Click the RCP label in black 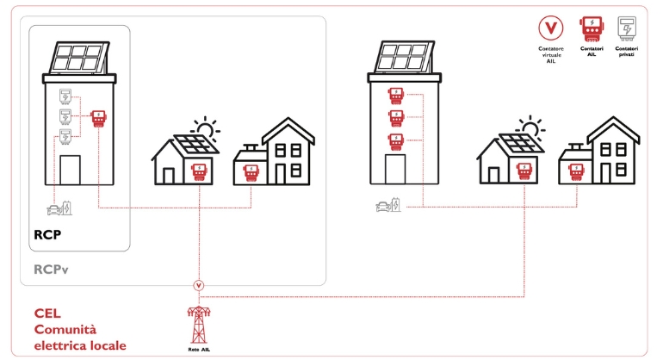tap(47, 234)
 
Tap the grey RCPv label tap(51, 270)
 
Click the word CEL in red tap(47, 313)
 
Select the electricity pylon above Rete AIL tap(199, 325)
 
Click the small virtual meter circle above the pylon tap(199, 286)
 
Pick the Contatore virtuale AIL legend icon tap(550, 28)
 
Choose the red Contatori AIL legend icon tap(592, 28)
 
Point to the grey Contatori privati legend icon tap(627, 28)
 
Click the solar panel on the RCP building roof tap(79, 58)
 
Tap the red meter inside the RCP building tap(99, 119)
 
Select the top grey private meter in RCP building tap(65, 96)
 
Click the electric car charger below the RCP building tap(59, 208)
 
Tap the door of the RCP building tap(70, 170)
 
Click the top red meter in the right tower tap(396, 96)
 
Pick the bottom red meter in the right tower tap(396, 142)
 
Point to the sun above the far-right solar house tap(530, 127)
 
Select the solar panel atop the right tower tap(405, 57)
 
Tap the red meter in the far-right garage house tap(576, 172)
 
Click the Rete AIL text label tap(199, 350)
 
